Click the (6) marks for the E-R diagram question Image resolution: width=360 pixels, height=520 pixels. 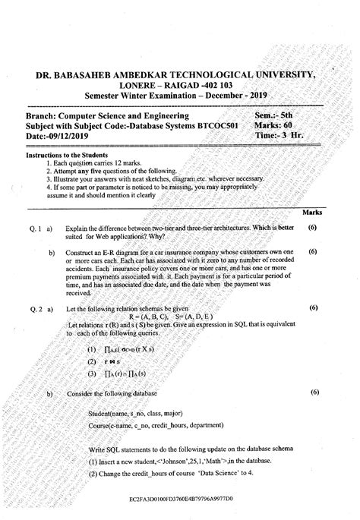[x=313, y=251]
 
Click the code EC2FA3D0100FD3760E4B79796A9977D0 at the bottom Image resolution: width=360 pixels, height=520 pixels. [x=180, y=501]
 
